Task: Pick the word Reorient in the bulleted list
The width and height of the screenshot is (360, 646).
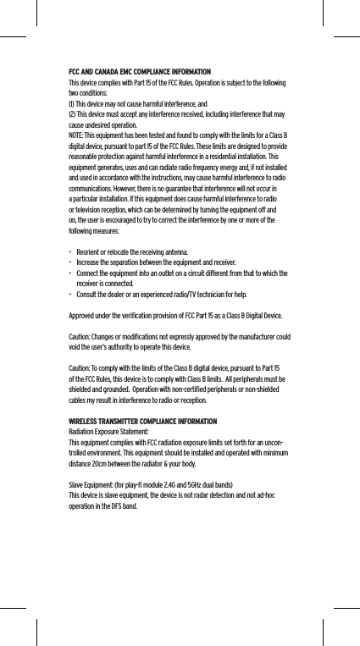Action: point(89,252)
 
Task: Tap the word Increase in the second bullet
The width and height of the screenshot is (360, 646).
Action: point(89,262)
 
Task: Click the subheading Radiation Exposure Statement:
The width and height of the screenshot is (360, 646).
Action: point(108,432)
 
